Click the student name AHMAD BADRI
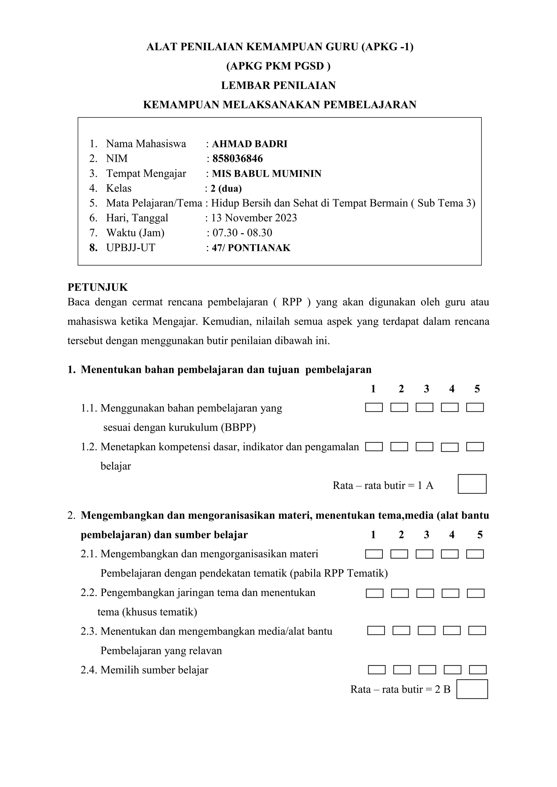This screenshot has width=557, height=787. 249,144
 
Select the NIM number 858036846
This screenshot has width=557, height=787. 237,159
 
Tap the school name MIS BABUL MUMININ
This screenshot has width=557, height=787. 267,174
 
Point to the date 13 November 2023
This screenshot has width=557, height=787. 254,218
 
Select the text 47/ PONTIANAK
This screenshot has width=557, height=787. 251,248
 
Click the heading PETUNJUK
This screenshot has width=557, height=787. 98,287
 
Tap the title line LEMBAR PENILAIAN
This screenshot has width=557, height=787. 278,85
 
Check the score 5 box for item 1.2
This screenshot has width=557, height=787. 475,447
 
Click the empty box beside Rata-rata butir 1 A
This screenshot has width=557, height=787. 472,484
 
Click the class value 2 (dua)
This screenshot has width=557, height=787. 226,189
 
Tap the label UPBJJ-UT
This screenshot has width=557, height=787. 131,248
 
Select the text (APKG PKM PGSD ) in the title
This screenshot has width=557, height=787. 278,66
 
